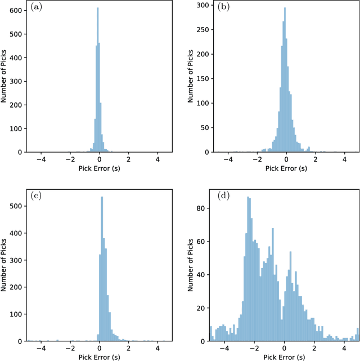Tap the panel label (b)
pyautogui.click(x=224, y=7)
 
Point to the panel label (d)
pyautogui.click(x=224, y=196)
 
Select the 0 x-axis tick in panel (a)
pyautogui.click(x=100, y=160)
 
